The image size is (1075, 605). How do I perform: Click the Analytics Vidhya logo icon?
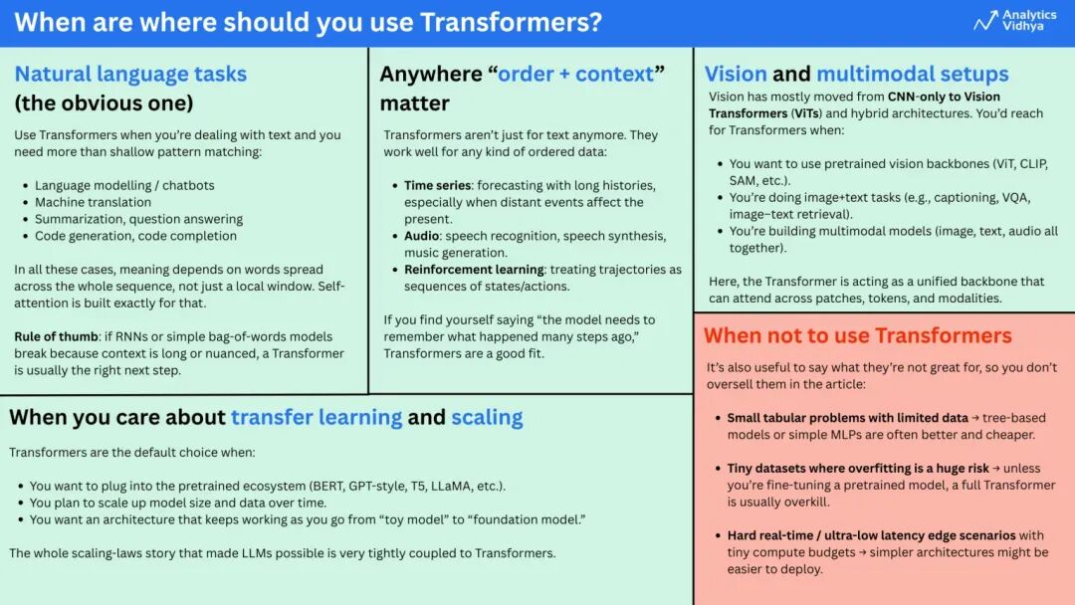coord(985,21)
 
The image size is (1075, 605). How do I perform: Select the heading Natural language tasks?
coord(130,74)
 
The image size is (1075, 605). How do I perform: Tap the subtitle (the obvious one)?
coord(104,102)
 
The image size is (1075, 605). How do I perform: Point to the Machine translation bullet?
coord(94,202)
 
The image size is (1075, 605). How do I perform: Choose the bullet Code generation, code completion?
coord(135,236)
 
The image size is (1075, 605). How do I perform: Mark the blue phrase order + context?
coord(576,74)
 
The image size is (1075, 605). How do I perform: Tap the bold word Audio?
coord(423,236)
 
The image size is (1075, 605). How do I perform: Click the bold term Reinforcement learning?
coord(474,270)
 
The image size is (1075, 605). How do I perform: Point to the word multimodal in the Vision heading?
coord(912,74)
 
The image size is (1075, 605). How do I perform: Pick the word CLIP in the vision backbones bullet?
coord(1029,164)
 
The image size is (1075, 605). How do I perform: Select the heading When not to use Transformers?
coord(857,335)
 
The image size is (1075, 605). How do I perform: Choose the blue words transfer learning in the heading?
coord(317,417)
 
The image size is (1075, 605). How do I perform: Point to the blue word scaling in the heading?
coord(487,417)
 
